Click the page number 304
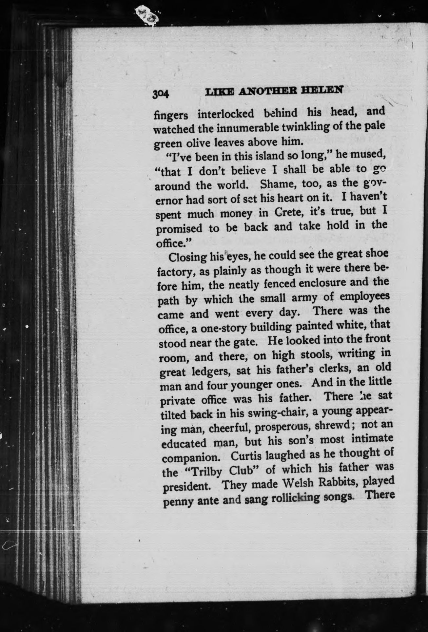click(x=160, y=94)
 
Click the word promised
click(x=179, y=228)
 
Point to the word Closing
click(x=187, y=257)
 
